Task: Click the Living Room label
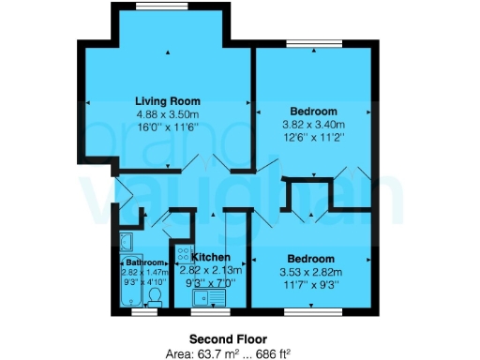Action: tap(167, 100)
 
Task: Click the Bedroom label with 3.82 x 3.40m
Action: tap(313, 112)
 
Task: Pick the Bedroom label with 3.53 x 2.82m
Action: tap(310, 258)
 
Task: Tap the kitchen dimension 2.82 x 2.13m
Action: tap(211, 269)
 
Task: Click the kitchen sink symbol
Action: tap(206, 299)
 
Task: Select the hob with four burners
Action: tap(183, 256)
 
